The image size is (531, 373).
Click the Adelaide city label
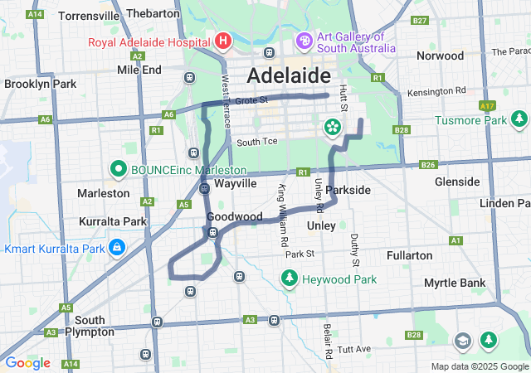pos(289,76)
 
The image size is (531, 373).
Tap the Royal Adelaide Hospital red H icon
pos(222,40)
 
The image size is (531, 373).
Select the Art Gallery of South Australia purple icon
pos(304,41)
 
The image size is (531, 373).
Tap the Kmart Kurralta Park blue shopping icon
pos(117,248)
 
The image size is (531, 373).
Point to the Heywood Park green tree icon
pos(290,279)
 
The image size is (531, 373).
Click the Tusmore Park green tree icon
pos(519,120)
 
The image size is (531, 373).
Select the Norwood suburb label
pos(441,56)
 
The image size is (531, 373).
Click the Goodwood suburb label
pos(234,216)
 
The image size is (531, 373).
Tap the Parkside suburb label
pos(348,190)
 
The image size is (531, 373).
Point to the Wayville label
pos(236,182)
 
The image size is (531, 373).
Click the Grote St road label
pos(251,100)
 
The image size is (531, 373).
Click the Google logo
pos(27,363)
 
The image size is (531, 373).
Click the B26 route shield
pos(428,165)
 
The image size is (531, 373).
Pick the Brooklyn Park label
pos(40,84)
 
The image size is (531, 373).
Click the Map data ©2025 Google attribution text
pos(479,366)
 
